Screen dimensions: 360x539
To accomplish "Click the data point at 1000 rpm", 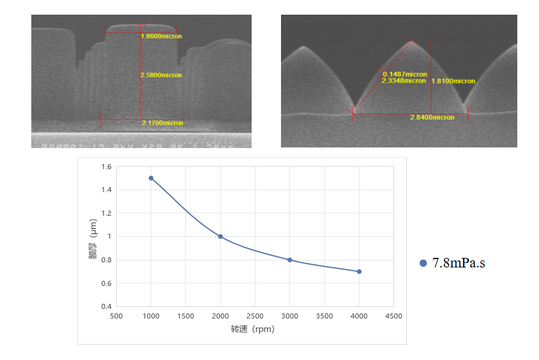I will [151, 178].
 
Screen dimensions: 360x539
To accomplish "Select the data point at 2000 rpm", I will [220, 237].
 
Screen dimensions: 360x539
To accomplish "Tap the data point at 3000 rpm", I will [290, 260].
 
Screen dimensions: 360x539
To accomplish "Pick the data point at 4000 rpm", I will [359, 272].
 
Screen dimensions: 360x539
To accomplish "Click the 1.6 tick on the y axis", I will [105, 167].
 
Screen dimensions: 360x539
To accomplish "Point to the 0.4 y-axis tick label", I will [105, 306].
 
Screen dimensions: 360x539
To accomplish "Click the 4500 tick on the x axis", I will [393, 316].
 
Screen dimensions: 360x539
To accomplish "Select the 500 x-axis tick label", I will [116, 316].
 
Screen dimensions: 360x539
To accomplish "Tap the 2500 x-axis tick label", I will [255, 316].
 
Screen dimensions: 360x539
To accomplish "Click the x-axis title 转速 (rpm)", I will [253, 329].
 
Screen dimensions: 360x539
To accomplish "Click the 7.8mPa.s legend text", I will [459, 263].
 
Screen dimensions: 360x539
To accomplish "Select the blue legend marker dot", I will [423, 263].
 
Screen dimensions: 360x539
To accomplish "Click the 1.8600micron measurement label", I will [161, 36].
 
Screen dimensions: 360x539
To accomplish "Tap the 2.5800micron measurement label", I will [161, 75].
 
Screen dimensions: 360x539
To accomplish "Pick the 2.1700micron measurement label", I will [163, 123].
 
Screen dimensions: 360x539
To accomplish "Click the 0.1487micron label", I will [404, 75].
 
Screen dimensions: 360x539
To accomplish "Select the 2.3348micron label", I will [404, 81].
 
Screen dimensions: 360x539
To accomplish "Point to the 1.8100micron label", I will [453, 81].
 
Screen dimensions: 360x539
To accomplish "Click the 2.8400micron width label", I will [432, 117].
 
